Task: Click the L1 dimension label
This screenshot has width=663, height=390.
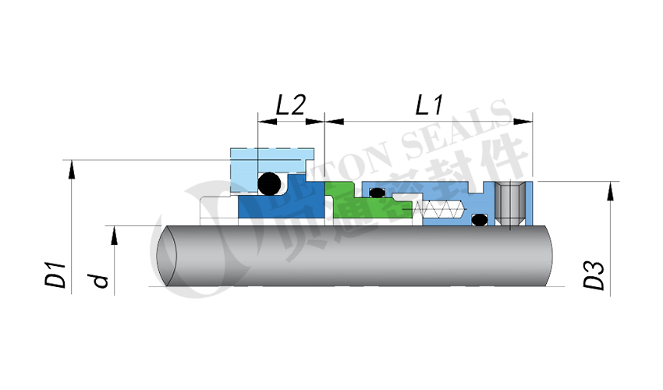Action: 430,105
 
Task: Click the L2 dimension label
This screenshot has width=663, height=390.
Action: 290,105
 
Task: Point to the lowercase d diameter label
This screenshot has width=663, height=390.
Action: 99,278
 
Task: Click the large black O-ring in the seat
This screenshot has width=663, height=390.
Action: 269,183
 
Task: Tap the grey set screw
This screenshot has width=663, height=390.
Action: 512,204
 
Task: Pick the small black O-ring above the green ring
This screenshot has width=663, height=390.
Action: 377,192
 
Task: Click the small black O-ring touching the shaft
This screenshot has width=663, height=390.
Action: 479,220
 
